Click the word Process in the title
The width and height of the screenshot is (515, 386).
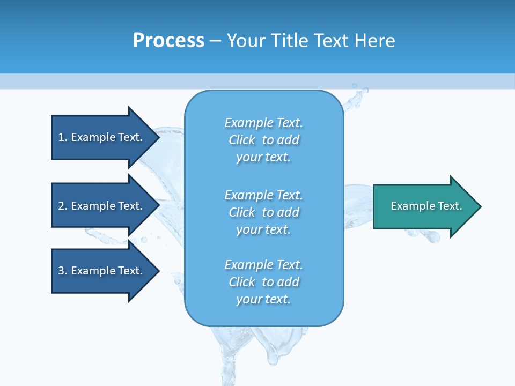click(x=168, y=41)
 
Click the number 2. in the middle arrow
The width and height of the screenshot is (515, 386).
click(x=62, y=206)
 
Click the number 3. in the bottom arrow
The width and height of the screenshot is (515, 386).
click(x=62, y=271)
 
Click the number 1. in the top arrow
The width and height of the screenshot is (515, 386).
click(x=62, y=137)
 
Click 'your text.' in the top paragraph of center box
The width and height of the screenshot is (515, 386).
click(x=263, y=158)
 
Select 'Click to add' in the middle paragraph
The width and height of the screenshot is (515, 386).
click(x=264, y=212)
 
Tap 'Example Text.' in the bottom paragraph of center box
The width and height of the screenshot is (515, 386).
click(x=264, y=265)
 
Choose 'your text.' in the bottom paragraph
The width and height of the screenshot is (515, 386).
click(x=263, y=300)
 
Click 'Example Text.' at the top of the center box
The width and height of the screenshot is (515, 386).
click(x=264, y=123)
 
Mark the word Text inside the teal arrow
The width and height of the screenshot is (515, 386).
click(x=450, y=206)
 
